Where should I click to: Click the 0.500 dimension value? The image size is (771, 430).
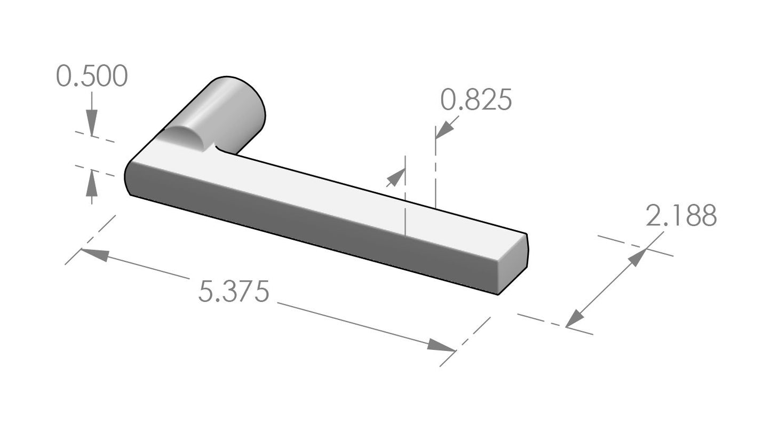92,76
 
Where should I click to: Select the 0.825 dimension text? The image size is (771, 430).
476,100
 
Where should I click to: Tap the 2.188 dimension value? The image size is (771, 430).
681,216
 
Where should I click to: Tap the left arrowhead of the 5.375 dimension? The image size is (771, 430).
93,254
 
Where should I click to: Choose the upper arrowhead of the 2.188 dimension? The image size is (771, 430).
637,257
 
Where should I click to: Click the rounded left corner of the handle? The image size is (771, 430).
129,176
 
